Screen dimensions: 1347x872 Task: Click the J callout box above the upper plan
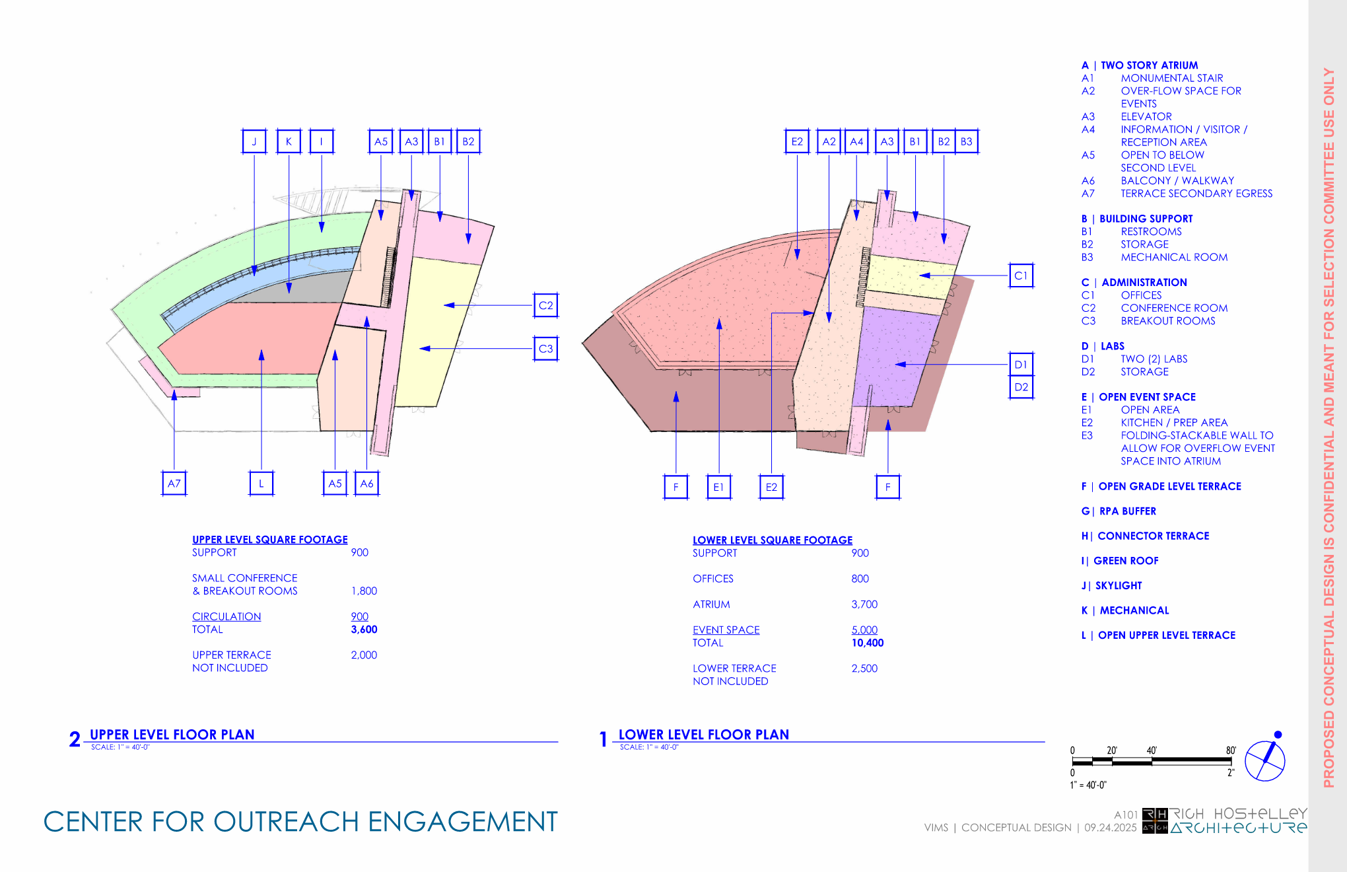[x=254, y=141]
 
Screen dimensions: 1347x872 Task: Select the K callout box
[x=289, y=141]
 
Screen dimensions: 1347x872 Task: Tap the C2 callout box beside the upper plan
[x=545, y=305]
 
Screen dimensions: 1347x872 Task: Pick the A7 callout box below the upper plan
[x=174, y=484]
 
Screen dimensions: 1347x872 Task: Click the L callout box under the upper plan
[x=261, y=484]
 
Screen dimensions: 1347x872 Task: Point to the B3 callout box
[x=966, y=141]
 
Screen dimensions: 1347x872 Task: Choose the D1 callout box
[x=1021, y=365]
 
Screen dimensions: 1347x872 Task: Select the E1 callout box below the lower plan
[x=718, y=488]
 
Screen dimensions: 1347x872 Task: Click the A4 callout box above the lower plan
[x=856, y=141]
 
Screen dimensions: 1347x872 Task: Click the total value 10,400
[x=867, y=643]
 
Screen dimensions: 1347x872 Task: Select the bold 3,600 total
[x=364, y=630]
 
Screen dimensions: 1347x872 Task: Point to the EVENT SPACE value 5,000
[x=864, y=630]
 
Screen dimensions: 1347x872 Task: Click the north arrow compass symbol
[x=1264, y=760]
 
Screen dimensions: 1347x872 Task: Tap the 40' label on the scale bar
[x=1152, y=750]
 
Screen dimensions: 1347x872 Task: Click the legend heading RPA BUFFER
[x=1127, y=511]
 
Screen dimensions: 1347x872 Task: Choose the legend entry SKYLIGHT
[x=1118, y=586]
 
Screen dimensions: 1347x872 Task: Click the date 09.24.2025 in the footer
[x=1110, y=828]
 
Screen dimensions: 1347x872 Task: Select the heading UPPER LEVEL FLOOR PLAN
[x=172, y=735]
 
